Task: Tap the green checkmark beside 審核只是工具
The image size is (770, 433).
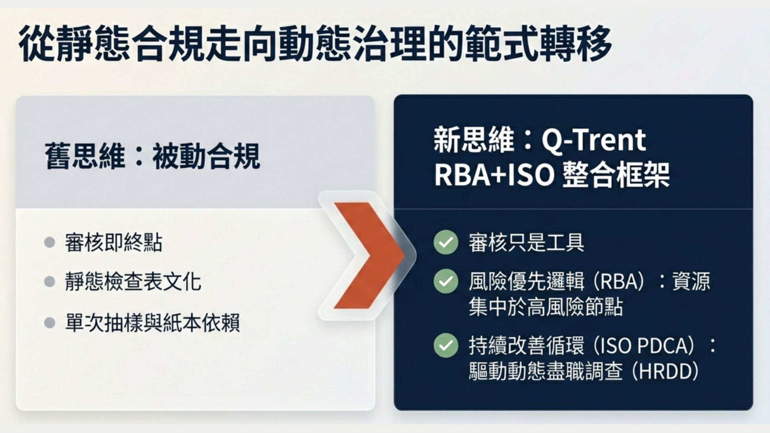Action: [x=446, y=242]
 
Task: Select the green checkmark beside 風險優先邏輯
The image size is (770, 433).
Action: [x=446, y=281]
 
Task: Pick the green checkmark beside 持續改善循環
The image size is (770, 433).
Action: [x=446, y=345]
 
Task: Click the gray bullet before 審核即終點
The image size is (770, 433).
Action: [x=49, y=242]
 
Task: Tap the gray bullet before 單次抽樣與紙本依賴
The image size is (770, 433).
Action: [x=49, y=322]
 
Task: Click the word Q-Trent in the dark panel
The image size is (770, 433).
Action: [x=594, y=140]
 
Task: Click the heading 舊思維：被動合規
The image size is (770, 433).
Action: [x=152, y=156]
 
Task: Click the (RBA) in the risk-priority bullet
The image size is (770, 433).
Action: [x=618, y=281]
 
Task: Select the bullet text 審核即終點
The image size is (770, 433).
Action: [x=114, y=243]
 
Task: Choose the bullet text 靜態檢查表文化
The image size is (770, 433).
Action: [x=133, y=281]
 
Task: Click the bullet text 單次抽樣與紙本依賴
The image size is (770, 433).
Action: [x=152, y=323]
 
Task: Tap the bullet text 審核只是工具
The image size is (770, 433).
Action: [x=526, y=243]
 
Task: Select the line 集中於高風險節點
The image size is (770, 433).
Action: [x=545, y=307]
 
